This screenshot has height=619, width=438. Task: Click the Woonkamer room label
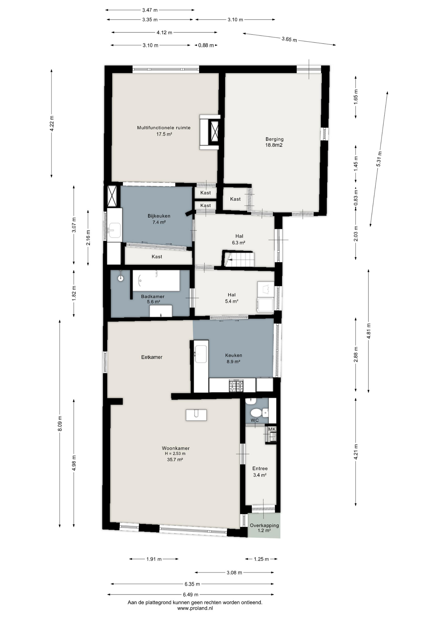tap(175, 448)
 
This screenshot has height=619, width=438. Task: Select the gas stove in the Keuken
tap(236, 386)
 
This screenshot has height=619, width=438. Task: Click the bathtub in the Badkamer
tap(156, 280)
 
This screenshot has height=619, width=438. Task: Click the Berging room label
tap(274, 139)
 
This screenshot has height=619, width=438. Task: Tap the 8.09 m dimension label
tap(60, 424)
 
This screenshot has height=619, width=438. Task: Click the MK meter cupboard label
tap(272, 429)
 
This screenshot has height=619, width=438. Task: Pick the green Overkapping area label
tap(264, 526)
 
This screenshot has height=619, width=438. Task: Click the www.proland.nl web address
tap(195, 608)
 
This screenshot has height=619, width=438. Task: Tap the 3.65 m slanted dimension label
tap(289, 39)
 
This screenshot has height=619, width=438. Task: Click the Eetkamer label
tap(152, 357)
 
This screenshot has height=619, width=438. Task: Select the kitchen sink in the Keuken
tap(201, 354)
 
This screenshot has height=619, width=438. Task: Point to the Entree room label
tap(260, 468)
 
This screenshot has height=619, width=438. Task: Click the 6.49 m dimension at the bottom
tap(190, 594)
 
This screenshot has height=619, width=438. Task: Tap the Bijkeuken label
tap(159, 216)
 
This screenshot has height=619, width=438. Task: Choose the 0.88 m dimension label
tap(206, 45)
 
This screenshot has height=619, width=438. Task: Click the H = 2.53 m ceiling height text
tap(175, 454)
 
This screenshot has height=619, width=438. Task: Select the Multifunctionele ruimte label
tap(164, 128)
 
